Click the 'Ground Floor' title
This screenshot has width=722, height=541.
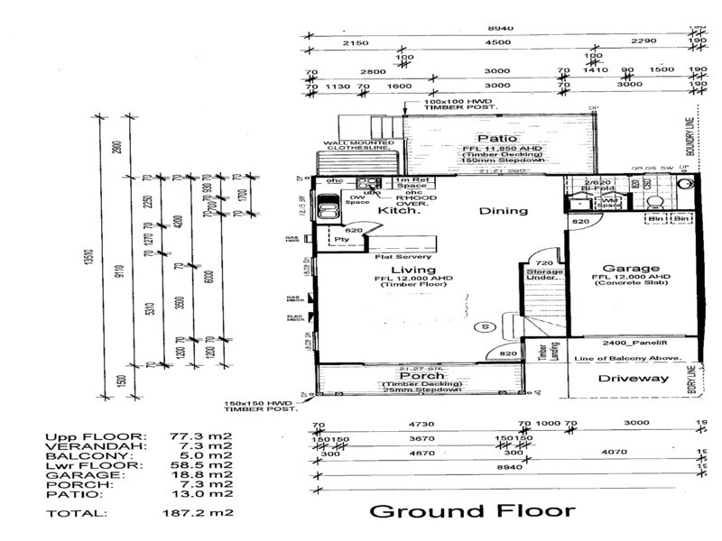pyautogui.click(x=472, y=512)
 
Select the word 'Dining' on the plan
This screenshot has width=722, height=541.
pyautogui.click(x=504, y=211)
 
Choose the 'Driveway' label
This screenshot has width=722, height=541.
pyautogui.click(x=634, y=378)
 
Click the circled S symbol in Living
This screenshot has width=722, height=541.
pyautogui.click(x=485, y=326)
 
